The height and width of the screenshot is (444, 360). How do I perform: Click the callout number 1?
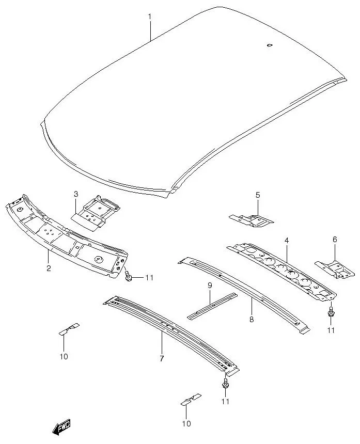coord(150,17)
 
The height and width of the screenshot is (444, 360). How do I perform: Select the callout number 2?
coord(48,268)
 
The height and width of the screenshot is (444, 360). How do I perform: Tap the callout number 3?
coord(76,194)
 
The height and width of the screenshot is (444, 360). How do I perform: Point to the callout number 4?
coord(286,241)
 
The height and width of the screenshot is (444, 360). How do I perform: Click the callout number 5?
coord(258,195)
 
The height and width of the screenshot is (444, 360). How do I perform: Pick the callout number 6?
coord(335,240)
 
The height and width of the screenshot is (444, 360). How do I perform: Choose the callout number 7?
coord(162,358)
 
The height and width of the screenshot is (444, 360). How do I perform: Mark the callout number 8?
coord(252,320)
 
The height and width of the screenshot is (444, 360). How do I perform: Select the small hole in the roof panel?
coord(269,45)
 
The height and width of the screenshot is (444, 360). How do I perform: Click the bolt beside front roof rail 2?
coord(128,278)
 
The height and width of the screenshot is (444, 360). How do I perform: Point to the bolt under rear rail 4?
coord(331,312)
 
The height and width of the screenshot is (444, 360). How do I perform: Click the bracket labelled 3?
coord(97,212)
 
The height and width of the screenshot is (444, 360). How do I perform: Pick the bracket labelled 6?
coord(335,268)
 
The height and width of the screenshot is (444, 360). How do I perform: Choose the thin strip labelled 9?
coord(212,306)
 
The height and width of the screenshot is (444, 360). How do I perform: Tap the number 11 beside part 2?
coord(149,278)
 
